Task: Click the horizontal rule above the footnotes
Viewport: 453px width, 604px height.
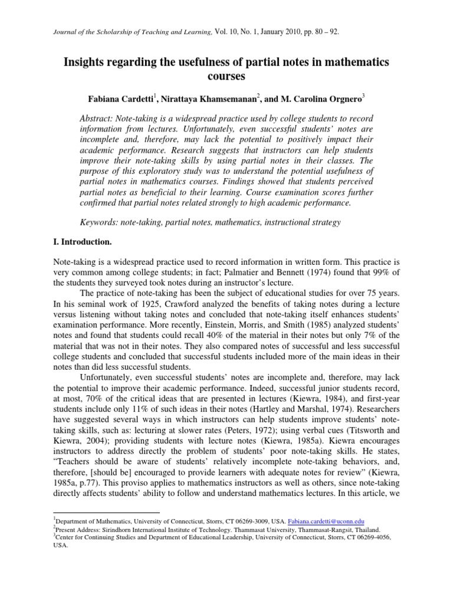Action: pos(106,513)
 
